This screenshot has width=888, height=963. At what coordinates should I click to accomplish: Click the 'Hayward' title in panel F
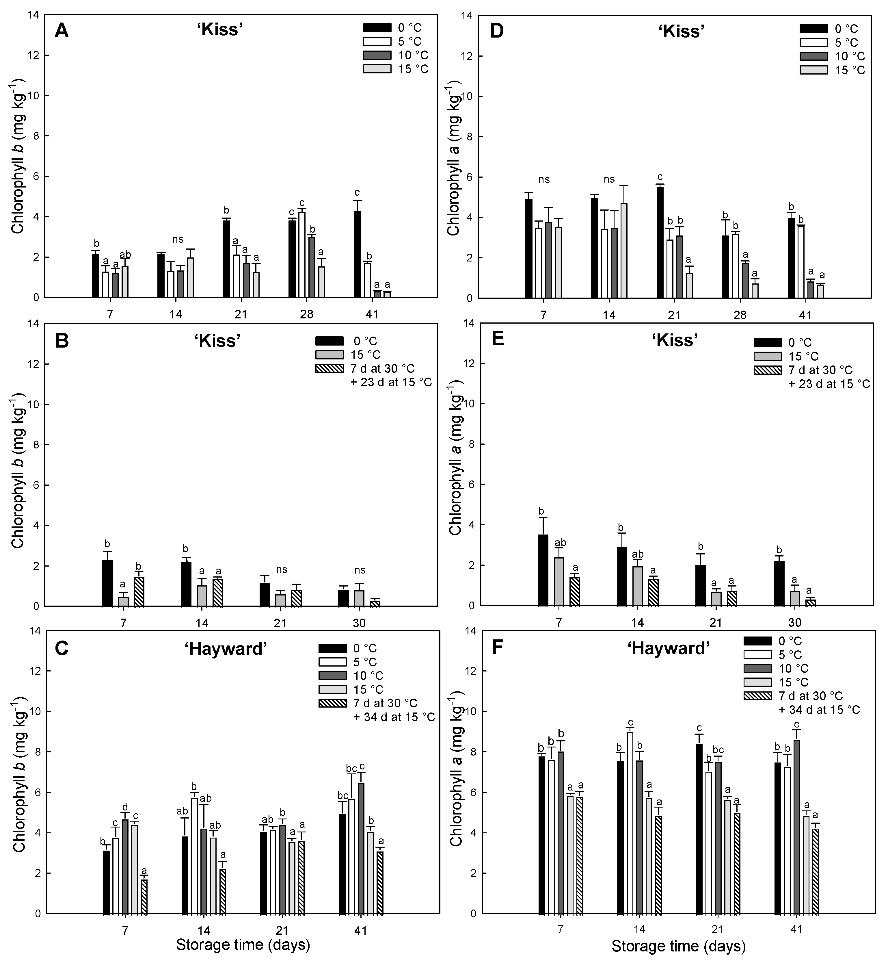[x=669, y=649]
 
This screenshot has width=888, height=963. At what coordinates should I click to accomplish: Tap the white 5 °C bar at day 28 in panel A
[x=302, y=255]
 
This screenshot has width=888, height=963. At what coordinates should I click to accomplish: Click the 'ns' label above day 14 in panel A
[x=178, y=240]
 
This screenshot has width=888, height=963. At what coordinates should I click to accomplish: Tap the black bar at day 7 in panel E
[x=543, y=570]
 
